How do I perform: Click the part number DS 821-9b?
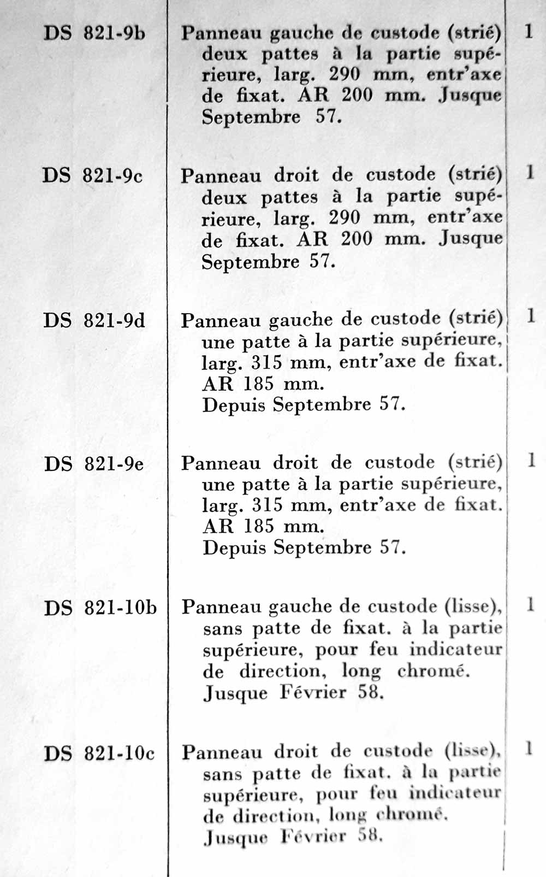click(x=94, y=33)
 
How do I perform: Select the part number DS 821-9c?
click(x=93, y=176)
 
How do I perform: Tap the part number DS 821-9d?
click(x=94, y=320)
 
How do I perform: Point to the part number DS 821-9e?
click(x=94, y=464)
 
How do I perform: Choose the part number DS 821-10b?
click(x=100, y=608)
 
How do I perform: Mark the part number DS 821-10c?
click(x=99, y=754)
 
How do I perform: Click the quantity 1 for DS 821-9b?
click(x=528, y=31)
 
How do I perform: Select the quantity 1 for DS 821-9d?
click(x=530, y=316)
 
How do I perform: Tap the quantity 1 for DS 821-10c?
click(x=529, y=749)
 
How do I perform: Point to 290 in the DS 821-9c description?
click(x=345, y=218)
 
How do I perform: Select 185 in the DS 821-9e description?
click(x=259, y=526)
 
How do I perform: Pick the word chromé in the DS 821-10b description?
click(x=434, y=670)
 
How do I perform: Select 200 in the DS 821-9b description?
click(x=358, y=96)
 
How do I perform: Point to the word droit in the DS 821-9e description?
click(x=295, y=463)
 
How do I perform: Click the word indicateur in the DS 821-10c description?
click(x=455, y=793)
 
